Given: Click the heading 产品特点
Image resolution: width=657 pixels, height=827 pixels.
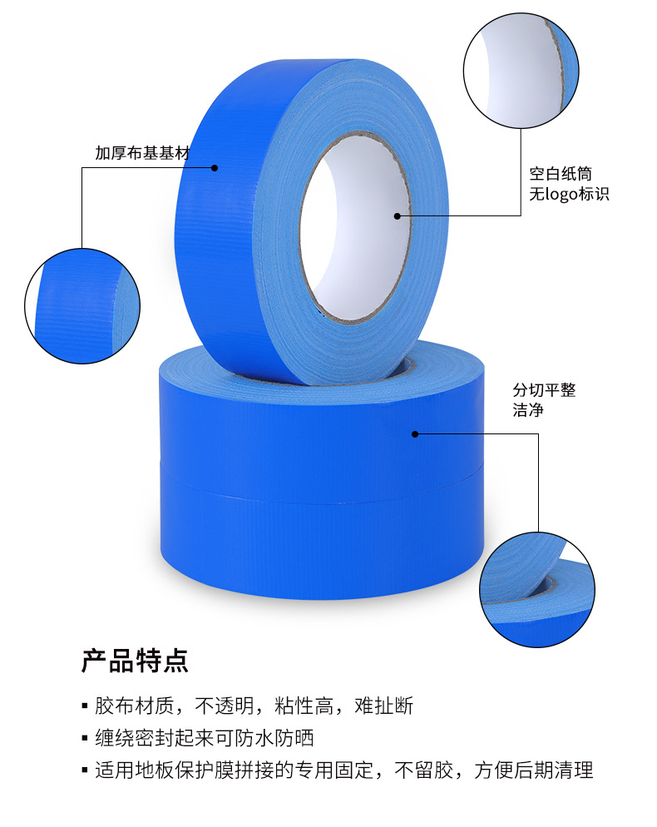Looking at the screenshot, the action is (x=135, y=661).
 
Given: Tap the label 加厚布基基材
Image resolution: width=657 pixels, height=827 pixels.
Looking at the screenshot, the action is (x=142, y=153).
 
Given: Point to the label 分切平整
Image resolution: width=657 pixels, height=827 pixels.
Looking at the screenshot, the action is (x=544, y=389).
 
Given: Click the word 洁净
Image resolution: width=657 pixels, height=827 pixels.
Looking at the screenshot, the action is (x=527, y=410).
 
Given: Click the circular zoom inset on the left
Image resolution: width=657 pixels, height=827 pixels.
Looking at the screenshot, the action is (x=82, y=305).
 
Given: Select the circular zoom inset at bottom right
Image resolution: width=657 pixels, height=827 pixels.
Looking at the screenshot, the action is (x=537, y=590).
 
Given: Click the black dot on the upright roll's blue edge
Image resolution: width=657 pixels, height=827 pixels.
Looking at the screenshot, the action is (x=215, y=167).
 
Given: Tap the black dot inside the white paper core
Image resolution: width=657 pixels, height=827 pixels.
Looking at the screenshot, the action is (x=398, y=216).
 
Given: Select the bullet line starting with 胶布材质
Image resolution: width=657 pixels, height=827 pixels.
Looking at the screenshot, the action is (x=254, y=706).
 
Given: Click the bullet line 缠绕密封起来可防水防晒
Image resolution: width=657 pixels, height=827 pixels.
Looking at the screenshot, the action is (x=204, y=738).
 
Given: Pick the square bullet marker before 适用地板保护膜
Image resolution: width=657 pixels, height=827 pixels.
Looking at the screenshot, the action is (x=84, y=770).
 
